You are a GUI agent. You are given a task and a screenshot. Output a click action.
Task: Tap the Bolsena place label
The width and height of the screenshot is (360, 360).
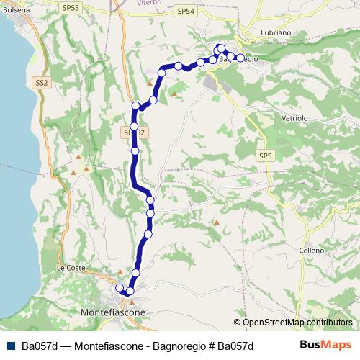pos(15,11)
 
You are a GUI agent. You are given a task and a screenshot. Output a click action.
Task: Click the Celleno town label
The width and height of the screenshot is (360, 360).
pos(312,250)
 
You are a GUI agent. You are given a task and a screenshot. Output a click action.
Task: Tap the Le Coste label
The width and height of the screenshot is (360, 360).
pos(71,268)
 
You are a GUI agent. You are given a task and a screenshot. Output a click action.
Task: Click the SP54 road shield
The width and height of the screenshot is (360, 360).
pos(185,12)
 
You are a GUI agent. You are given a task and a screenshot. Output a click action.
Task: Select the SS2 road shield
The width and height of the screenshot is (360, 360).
pos(41,84)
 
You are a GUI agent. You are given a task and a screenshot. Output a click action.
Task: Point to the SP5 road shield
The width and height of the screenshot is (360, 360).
pos(266,156)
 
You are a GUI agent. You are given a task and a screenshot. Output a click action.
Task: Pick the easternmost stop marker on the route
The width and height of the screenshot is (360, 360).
pos(240,58)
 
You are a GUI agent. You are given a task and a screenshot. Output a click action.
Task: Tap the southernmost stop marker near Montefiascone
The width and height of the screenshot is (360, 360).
pos(130,292)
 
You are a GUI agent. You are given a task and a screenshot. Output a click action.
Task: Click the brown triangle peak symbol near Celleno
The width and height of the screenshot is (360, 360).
pos(215,222)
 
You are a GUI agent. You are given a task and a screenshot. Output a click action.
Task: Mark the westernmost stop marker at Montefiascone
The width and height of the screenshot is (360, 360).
pos(120,289)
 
